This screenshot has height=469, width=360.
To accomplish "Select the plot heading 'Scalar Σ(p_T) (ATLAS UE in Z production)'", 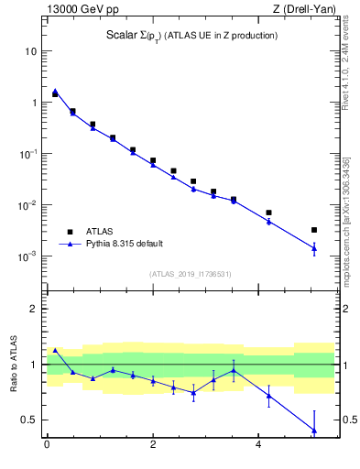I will tap(190, 36).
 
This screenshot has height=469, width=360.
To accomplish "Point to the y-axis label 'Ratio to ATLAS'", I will tap(15, 365).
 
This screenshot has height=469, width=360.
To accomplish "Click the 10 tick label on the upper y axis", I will tap(30, 51).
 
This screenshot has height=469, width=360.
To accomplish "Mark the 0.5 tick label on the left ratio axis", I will tap(28, 420).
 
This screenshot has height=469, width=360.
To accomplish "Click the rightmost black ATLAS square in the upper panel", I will tap(314, 230).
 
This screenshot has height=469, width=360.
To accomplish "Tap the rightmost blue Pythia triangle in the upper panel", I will tap(314, 247).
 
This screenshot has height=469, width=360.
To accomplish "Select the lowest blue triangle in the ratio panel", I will tap(314, 430).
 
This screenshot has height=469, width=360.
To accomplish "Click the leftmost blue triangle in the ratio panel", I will tap(55, 350).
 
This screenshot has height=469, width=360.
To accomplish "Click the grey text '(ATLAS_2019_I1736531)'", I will tap(191, 274).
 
